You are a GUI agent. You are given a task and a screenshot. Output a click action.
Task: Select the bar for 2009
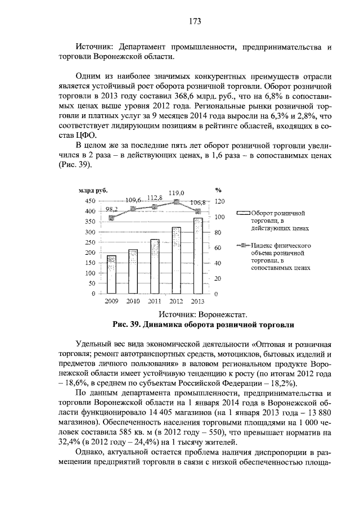click(x=111, y=274)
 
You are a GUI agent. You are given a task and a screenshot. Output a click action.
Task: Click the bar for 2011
click(x=155, y=266)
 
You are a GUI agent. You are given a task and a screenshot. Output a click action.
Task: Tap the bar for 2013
click(x=197, y=255)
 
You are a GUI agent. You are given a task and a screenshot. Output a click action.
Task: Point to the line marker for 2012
click(x=176, y=201)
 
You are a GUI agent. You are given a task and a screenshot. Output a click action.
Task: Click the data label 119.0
click(x=176, y=192)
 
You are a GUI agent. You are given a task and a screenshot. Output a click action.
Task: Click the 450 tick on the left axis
click(x=89, y=201)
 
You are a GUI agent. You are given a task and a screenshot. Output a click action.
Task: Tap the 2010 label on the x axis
click(x=133, y=301)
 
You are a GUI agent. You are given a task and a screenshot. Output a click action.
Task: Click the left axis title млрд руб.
click(x=93, y=191)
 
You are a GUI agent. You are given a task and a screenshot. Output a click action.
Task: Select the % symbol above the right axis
click(x=218, y=190)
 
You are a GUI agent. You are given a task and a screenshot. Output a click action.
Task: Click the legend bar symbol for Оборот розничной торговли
click(x=243, y=214)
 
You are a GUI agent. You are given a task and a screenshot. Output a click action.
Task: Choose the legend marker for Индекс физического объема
click(x=243, y=246)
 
